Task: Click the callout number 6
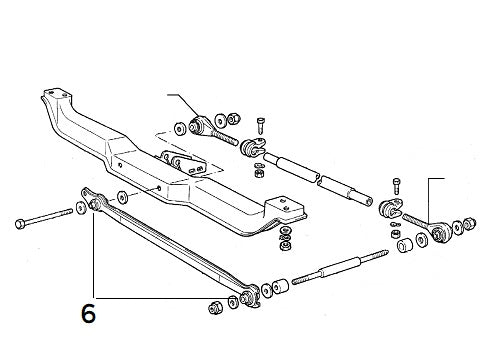point(88,314)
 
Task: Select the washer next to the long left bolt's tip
point(80,211)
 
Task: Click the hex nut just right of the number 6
point(215,305)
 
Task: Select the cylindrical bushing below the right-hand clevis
point(405,244)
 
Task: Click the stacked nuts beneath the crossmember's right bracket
point(287,240)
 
